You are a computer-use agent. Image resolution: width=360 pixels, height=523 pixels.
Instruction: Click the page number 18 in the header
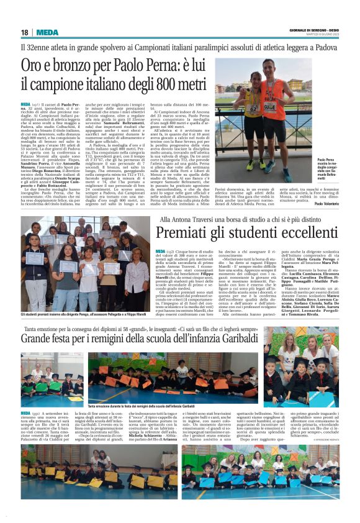[x=24, y=32]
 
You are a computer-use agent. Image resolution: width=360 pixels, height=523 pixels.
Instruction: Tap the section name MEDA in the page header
[x=47, y=32]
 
